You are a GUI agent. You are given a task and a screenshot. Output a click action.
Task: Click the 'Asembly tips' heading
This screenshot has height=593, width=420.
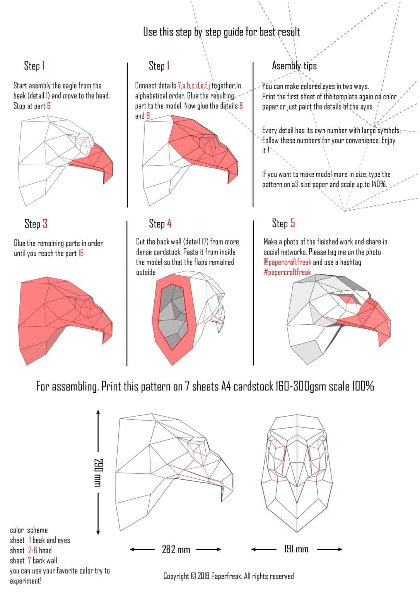(294, 66)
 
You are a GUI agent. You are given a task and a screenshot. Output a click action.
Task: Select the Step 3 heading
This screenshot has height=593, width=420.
(36, 224)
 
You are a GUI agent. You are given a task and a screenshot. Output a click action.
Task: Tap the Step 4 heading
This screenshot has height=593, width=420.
(160, 223)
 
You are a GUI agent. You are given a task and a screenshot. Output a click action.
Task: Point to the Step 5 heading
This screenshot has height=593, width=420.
(283, 223)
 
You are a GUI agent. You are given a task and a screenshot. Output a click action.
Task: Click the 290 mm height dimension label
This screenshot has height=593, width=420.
(98, 472)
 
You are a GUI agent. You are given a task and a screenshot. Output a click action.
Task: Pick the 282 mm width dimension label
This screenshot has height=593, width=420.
(176, 549)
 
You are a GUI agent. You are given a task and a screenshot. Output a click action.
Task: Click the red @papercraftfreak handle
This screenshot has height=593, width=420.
(287, 262)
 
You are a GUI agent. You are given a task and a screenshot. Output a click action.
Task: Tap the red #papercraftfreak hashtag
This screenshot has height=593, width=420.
(287, 272)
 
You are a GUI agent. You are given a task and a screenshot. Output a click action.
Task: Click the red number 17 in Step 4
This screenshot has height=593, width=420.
(205, 242)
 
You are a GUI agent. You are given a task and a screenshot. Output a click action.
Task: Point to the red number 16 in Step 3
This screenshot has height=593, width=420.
(80, 253)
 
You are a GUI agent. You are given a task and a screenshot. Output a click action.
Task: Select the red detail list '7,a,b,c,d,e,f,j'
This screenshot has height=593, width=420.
(194, 86)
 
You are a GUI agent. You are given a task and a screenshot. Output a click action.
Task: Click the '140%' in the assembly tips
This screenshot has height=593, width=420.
(379, 185)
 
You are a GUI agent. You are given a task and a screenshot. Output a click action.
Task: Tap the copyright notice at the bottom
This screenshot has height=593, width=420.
(228, 576)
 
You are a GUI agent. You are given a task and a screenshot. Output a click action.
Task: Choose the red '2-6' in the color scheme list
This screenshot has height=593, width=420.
(32, 550)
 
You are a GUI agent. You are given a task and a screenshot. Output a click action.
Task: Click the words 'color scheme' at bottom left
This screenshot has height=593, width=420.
(29, 530)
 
